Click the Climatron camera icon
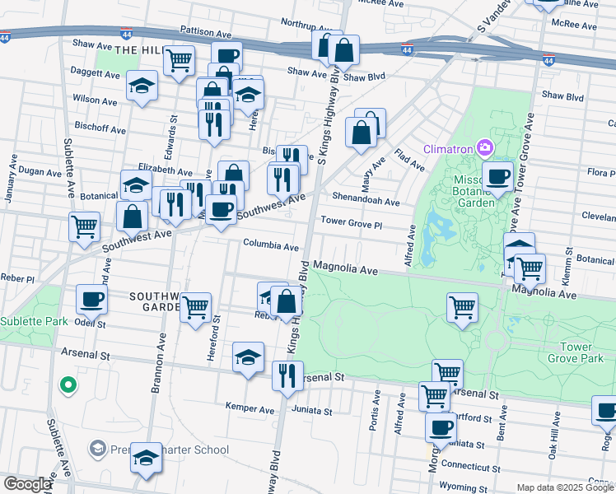(x=484, y=148)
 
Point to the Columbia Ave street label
(x=270, y=245)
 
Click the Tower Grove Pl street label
(x=352, y=222)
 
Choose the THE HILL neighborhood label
(x=136, y=51)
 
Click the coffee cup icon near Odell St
(x=91, y=300)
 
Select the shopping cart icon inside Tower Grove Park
(x=463, y=308)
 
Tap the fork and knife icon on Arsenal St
(x=287, y=376)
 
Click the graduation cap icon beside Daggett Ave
(x=142, y=85)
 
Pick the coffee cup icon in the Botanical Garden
(x=497, y=176)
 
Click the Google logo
(x=27, y=484)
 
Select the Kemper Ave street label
(x=250, y=408)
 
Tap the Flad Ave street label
(x=408, y=160)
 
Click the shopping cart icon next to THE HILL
(x=179, y=60)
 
